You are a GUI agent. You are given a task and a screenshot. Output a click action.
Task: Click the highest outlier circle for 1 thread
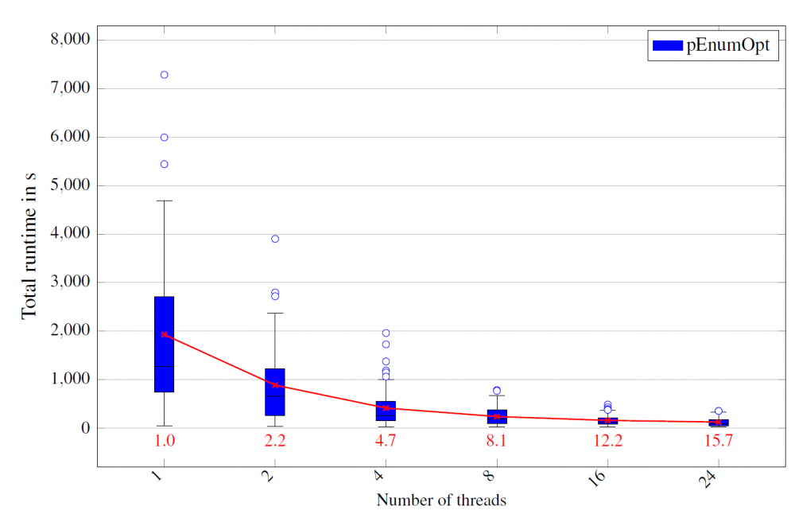tap(164, 75)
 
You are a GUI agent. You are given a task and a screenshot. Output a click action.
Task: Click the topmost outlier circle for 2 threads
tap(275, 239)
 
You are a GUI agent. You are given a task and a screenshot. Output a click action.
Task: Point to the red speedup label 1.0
tap(164, 441)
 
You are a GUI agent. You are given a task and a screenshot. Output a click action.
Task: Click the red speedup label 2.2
tap(275, 441)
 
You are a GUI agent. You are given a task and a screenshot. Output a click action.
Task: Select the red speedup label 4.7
tap(386, 441)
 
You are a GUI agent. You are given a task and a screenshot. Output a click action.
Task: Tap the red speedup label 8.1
tap(497, 441)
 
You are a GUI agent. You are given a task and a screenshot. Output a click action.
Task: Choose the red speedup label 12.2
tap(607, 441)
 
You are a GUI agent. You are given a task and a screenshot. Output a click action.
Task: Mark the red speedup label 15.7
tap(719, 441)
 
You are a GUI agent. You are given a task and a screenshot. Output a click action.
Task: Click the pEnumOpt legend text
tap(727, 46)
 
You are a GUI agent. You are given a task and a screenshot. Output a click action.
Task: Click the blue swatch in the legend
tap(668, 46)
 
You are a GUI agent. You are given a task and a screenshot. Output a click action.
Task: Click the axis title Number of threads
tap(441, 501)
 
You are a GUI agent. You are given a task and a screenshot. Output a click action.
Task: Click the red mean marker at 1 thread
tap(164, 334)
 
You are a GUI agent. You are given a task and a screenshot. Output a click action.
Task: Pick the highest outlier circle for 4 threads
tap(386, 333)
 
